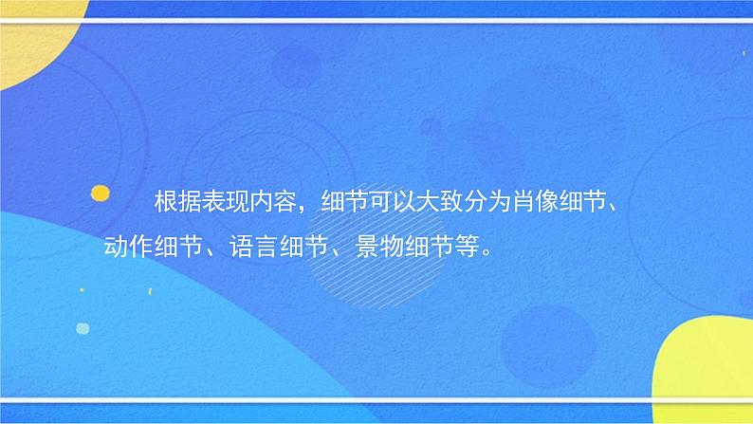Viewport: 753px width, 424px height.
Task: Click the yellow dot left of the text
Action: click(99, 193)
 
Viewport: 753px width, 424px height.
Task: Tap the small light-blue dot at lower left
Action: click(83, 328)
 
